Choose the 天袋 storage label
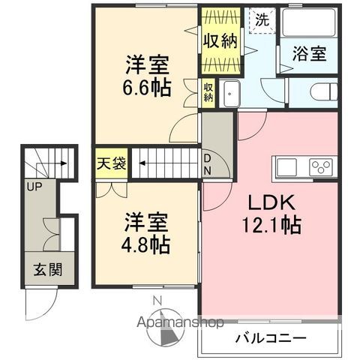(x=110, y=161)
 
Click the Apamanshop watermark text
(x=181, y=324)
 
